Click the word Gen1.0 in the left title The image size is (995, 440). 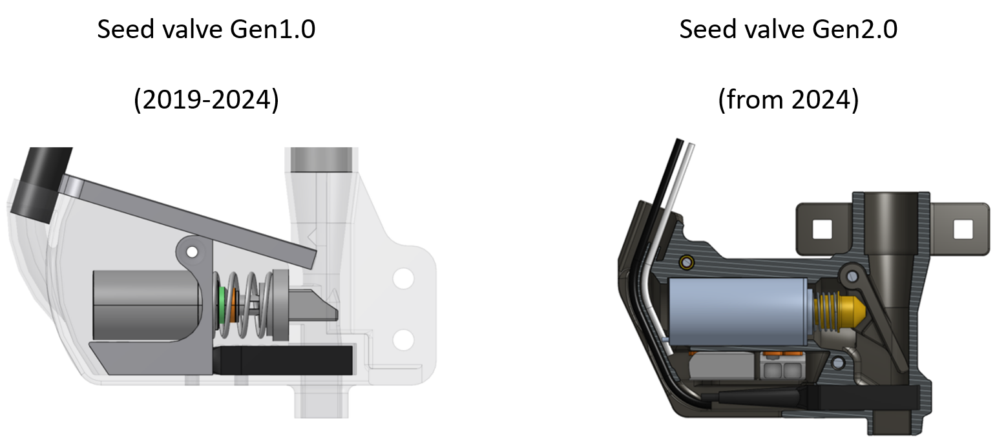(x=273, y=30)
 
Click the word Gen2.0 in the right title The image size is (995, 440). (x=855, y=30)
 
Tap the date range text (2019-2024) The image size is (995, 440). (x=206, y=100)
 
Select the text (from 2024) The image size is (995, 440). (x=788, y=100)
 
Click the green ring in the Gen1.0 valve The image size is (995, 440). (x=222, y=307)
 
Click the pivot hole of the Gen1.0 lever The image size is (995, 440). (x=192, y=252)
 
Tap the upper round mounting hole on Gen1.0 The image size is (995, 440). (x=403, y=279)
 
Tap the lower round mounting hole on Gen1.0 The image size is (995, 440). (x=403, y=340)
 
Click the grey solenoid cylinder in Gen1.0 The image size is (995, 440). (x=147, y=306)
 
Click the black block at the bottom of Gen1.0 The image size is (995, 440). (x=282, y=360)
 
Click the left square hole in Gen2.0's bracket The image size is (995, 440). (x=822, y=229)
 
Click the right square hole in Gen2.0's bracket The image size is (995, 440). (x=963, y=229)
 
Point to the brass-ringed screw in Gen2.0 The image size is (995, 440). (x=687, y=262)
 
